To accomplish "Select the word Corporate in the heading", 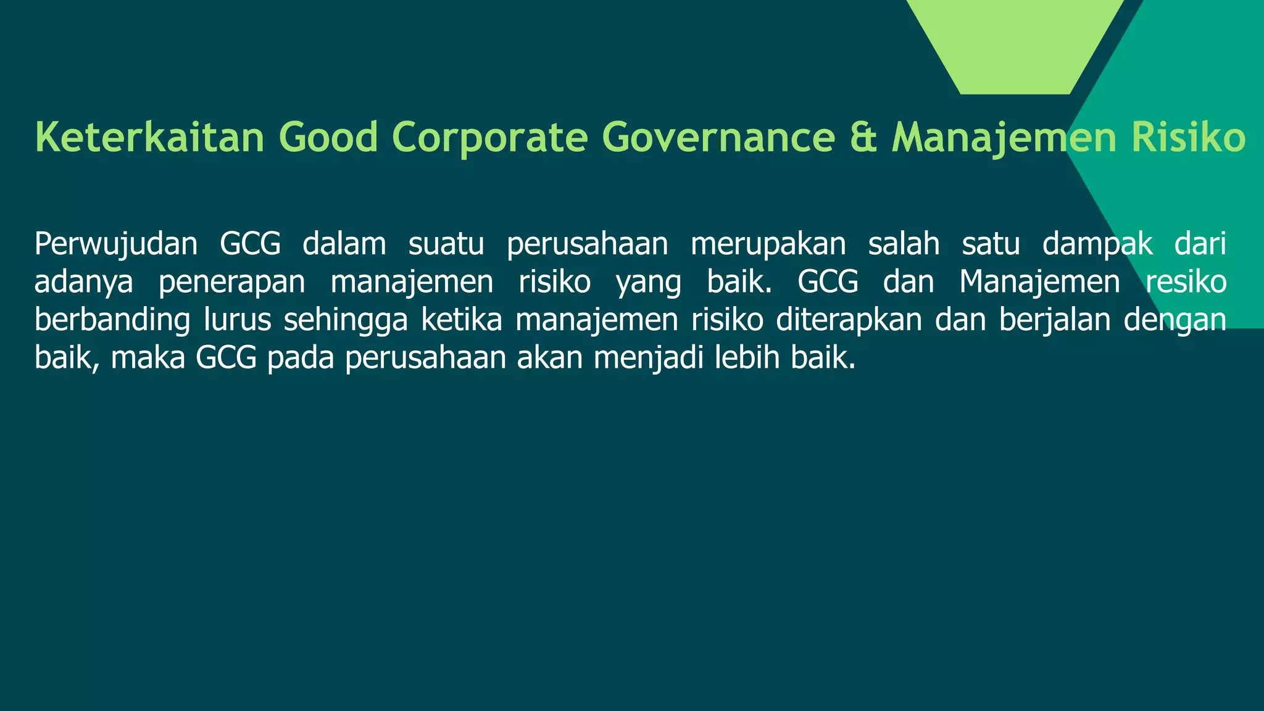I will click(489, 137).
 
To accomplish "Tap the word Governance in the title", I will click(718, 137).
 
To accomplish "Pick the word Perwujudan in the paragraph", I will click(116, 244).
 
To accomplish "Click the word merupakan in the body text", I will click(768, 244).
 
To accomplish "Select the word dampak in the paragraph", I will click(1097, 244).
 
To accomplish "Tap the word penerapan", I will click(231, 282).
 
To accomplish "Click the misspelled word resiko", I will click(1186, 282).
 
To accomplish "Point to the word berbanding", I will click(112, 320).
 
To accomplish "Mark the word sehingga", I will click(346, 320).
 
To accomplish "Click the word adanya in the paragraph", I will click(84, 282).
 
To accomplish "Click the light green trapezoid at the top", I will click(1015, 43).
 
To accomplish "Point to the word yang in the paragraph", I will click(649, 282).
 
